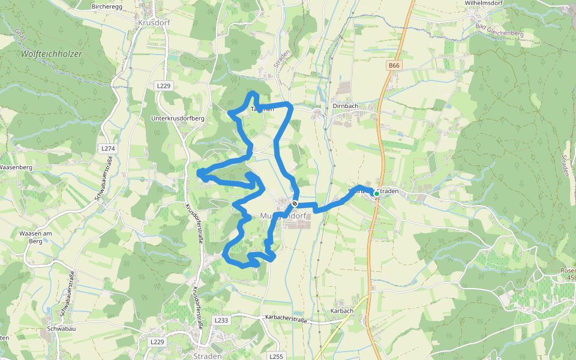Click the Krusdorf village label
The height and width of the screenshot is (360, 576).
click(x=154, y=22)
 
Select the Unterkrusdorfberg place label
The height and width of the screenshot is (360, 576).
click(x=178, y=118)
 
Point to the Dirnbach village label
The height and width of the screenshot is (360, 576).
click(x=345, y=106)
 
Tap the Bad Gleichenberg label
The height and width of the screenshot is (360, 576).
click(x=499, y=31)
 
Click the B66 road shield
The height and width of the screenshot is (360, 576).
click(x=394, y=65)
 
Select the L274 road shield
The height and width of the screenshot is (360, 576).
click(x=108, y=148)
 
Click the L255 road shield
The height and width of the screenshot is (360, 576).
click(x=276, y=356)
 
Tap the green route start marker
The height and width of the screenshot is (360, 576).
click(x=377, y=193)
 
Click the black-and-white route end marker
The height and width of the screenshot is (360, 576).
click(x=295, y=203)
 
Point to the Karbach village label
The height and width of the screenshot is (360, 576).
click(x=341, y=311)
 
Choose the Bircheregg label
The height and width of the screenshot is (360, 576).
click(x=106, y=6)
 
